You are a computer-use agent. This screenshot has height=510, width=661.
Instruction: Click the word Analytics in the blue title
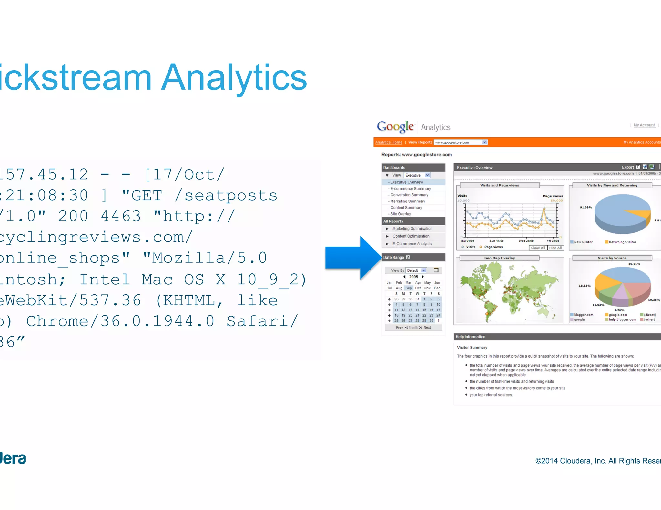coord(234,78)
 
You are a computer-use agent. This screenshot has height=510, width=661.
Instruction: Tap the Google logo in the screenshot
coord(395,126)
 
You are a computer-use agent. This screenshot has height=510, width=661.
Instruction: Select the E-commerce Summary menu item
coord(410,189)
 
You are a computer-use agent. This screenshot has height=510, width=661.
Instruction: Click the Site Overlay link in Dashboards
coord(400,214)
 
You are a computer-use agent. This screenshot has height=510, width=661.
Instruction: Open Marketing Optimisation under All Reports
coord(412,229)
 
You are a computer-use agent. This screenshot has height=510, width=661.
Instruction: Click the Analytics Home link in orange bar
coord(389,142)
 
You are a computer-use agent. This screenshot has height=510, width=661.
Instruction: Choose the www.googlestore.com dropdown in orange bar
coord(461,142)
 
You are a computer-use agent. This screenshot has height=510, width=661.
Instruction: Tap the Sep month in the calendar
coord(408,288)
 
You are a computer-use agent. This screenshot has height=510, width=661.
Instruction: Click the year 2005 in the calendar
coord(413,277)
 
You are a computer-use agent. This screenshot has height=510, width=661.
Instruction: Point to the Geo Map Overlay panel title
coord(499,258)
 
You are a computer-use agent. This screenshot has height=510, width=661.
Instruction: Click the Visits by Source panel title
coord(612,258)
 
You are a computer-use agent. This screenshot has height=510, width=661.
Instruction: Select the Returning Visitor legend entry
coord(622,242)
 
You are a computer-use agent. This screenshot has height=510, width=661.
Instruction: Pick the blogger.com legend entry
coord(583,315)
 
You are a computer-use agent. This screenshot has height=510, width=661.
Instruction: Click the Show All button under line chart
coord(538,248)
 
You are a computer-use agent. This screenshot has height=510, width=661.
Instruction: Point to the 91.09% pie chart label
coord(585,207)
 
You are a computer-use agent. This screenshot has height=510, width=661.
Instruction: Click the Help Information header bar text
coord(470,337)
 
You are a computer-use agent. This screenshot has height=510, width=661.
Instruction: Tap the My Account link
coord(644,125)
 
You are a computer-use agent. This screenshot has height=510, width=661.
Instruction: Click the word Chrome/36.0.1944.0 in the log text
coord(120,321)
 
